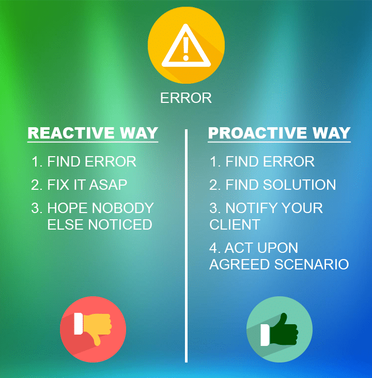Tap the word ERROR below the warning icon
186,98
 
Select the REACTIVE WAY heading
92,133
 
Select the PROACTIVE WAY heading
279,133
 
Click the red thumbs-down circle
93,329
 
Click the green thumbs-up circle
279,329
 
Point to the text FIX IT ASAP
87,185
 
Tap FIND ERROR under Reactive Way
91,161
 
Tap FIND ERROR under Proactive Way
270,161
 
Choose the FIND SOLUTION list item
281,185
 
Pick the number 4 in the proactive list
213,248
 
